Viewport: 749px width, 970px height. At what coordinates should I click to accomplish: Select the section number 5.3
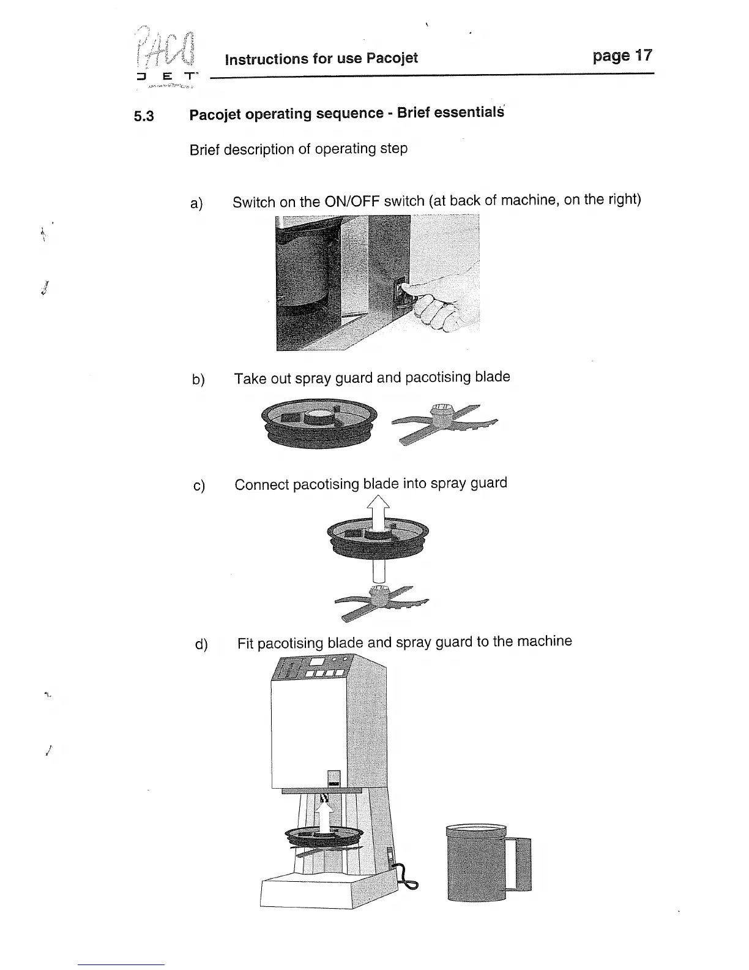click(144, 116)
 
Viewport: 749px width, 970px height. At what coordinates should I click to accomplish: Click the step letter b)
click(198, 380)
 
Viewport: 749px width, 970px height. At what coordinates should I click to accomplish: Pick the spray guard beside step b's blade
click(319, 423)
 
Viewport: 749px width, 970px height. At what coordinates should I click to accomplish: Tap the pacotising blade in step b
click(445, 421)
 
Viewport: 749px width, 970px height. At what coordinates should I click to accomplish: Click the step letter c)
click(199, 486)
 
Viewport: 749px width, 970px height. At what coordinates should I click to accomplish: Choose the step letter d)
click(201, 644)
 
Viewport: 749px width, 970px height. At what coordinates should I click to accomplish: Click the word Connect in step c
click(261, 485)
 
